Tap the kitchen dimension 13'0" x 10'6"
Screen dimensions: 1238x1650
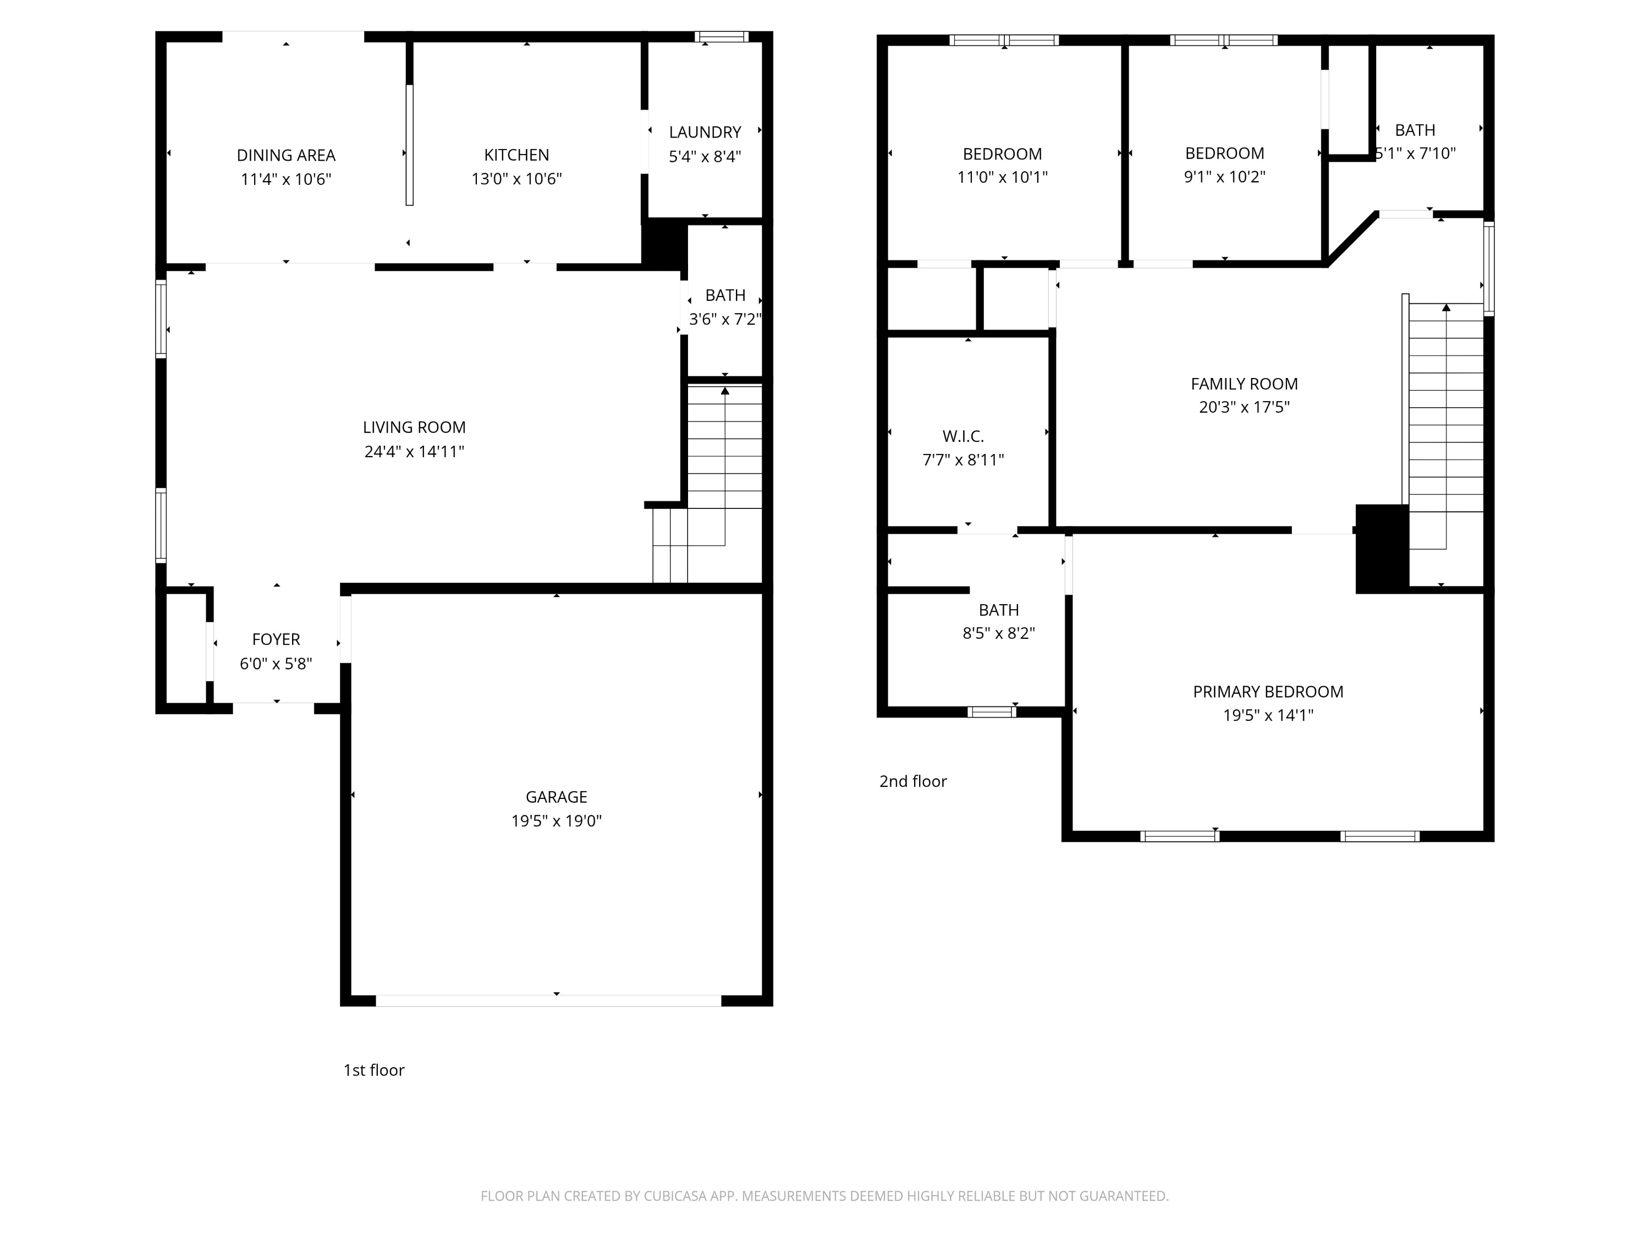tap(516, 179)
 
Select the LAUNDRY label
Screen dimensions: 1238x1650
tap(705, 132)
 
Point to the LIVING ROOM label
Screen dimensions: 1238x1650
tap(414, 428)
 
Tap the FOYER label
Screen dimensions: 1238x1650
tap(276, 639)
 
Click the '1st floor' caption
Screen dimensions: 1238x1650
tap(373, 1070)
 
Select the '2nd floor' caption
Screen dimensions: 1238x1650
tap(913, 781)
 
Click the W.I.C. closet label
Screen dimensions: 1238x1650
tap(963, 436)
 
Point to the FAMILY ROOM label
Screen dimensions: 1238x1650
tap(1244, 384)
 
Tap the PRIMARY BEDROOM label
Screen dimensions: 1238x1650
tap(1268, 692)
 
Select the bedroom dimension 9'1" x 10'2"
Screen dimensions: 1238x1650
tap(1225, 177)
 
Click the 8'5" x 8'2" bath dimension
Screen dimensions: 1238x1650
tap(999, 633)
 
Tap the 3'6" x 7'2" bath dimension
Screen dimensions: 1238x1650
tap(725, 319)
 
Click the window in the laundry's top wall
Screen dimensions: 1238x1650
tap(721, 36)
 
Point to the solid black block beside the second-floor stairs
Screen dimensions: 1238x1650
tap(1382, 549)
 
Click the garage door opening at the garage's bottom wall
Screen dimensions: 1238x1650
tap(548, 1001)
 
